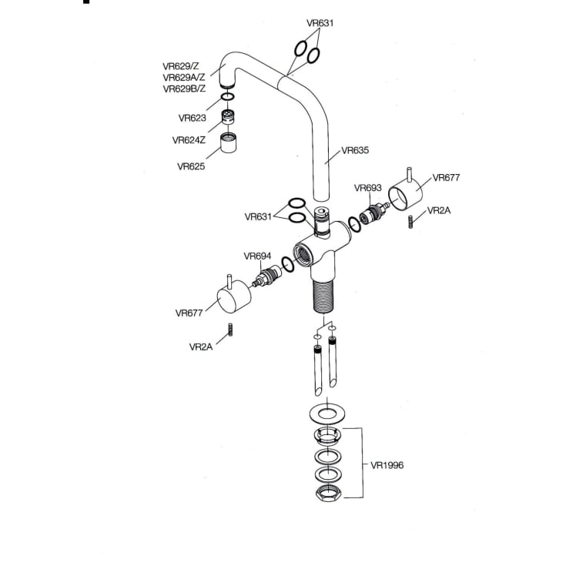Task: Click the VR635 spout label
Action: coord(355,150)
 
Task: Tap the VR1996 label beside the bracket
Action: coord(387,465)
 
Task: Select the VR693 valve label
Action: coord(367,188)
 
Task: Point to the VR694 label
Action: coord(257,256)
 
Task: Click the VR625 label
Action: coord(191,166)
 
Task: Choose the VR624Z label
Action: coord(189,140)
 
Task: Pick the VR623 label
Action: coord(192,118)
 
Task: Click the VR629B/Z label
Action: coord(184,89)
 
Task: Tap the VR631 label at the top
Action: coord(320,23)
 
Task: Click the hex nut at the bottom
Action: coord(328,493)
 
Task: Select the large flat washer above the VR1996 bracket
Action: coord(328,414)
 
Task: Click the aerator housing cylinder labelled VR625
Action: coord(229,143)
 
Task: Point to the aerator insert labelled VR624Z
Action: coord(228,117)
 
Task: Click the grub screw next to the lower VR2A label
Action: coord(230,330)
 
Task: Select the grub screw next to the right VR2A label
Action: coord(410,222)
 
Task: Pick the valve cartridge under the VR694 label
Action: coord(267,276)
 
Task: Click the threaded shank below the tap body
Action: coord(323,295)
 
